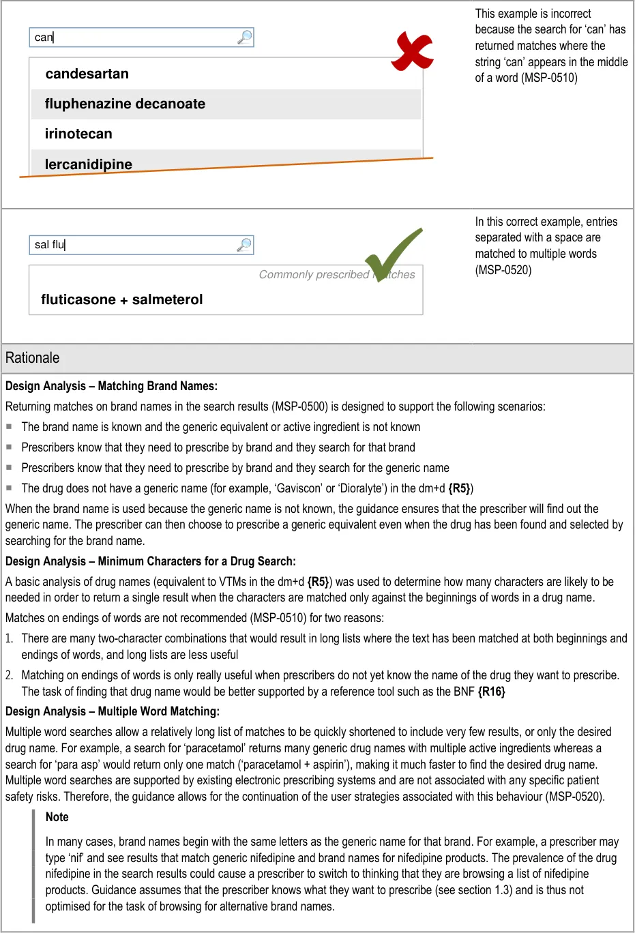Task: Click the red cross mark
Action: tap(412, 52)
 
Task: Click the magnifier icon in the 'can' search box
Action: tap(244, 37)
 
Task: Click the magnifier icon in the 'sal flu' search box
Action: tap(244, 245)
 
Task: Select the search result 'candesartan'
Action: tap(87, 74)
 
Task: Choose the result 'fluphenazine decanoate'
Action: tap(125, 104)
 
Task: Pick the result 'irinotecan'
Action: tap(78, 134)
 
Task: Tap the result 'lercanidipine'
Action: tap(88, 164)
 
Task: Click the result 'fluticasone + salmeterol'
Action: tap(121, 299)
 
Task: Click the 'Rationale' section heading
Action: tap(32, 358)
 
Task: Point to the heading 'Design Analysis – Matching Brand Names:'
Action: tap(111, 386)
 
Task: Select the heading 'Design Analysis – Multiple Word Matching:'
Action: tap(113, 711)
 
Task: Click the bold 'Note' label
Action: tap(57, 817)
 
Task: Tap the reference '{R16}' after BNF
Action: tap(491, 692)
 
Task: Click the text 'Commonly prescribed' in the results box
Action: tap(314, 274)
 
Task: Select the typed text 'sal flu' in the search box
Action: tap(50, 245)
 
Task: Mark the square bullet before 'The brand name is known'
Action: tap(10, 426)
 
